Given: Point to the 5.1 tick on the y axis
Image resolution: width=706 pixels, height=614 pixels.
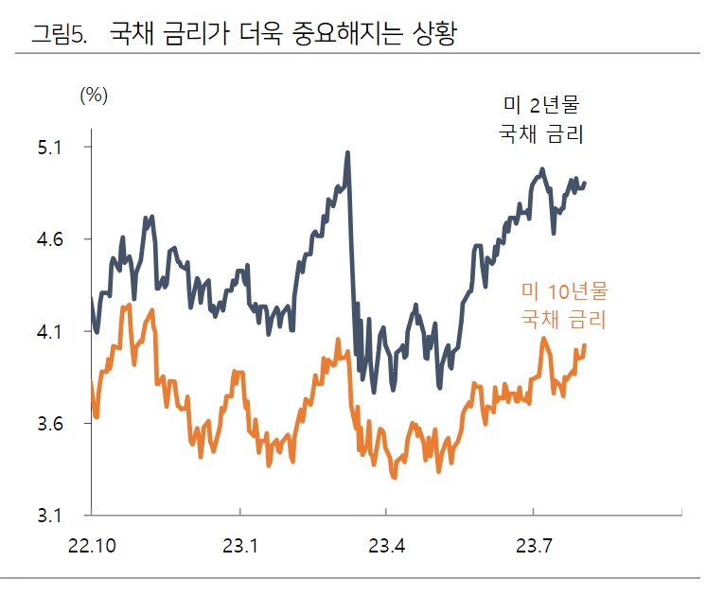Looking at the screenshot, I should [x=49, y=148].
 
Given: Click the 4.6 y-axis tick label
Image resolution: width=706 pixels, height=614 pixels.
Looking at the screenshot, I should [x=49, y=240].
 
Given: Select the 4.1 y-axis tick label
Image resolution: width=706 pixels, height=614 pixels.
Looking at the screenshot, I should [x=49, y=332].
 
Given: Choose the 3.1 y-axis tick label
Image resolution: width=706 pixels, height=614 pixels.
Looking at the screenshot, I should [x=49, y=517].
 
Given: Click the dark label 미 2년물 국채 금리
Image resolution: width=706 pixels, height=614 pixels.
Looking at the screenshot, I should [x=540, y=119].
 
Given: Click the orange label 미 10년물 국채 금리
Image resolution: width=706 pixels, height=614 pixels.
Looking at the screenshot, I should [x=564, y=305].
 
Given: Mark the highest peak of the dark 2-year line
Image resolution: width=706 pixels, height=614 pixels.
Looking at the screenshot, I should [x=347, y=152].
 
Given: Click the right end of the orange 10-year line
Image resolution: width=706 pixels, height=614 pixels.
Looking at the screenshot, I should [x=585, y=345].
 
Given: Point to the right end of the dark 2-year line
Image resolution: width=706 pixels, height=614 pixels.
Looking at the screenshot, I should [x=585, y=183].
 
